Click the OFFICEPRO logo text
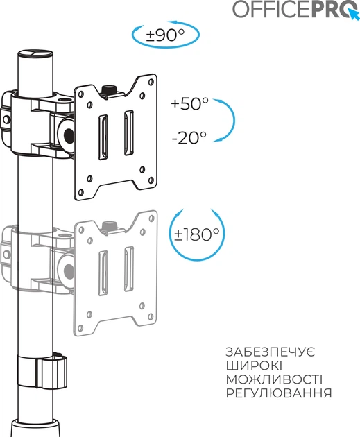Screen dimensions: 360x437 (x=292, y=9)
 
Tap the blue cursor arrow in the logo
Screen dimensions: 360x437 (x=354, y=15)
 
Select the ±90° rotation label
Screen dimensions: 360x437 (x=165, y=35)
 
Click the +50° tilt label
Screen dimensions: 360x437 (x=190, y=103)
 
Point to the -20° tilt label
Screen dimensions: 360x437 (x=189, y=137)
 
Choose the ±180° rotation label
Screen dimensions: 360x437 (x=197, y=234)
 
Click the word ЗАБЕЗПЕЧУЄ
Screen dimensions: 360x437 (x=271, y=352)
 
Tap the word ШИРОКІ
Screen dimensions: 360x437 (x=254, y=366)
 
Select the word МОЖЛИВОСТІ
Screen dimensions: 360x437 (x=274, y=379)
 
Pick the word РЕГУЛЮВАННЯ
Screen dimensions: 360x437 (x=279, y=393)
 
